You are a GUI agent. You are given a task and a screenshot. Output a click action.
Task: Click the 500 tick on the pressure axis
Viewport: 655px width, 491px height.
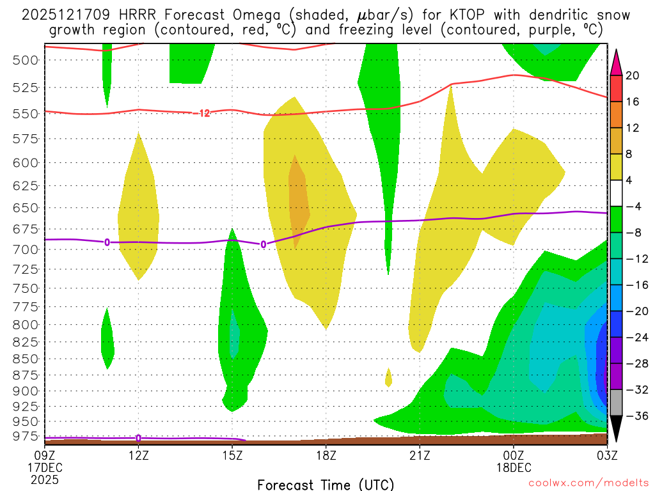pos(26,60)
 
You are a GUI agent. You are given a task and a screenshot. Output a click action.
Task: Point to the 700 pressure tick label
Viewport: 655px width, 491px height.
pos(26,249)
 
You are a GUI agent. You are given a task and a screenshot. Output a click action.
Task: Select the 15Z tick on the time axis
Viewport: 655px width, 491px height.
pos(232,455)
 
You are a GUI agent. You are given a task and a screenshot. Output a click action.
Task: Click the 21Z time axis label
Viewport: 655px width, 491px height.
pos(420,455)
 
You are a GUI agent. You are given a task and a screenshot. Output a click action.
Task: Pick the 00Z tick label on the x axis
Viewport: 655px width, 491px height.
pos(514,455)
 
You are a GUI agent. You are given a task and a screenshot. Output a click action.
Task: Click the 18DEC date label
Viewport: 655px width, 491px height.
pos(514,467)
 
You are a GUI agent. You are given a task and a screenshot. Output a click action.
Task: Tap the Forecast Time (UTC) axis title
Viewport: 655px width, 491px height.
pos(326,484)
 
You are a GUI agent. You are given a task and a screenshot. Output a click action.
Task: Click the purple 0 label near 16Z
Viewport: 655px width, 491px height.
pos(263,244)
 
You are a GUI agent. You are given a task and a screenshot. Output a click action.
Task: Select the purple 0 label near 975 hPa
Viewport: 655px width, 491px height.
pos(138,438)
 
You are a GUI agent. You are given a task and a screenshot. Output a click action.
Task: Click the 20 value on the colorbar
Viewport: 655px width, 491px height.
pos(633,75)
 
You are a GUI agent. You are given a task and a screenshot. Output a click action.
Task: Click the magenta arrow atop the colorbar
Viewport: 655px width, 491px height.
pos(617,61)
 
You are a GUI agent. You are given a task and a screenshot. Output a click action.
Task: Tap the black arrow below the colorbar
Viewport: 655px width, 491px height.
pos(617,429)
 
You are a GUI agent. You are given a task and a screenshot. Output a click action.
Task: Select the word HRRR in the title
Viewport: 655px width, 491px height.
pos(125,15)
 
